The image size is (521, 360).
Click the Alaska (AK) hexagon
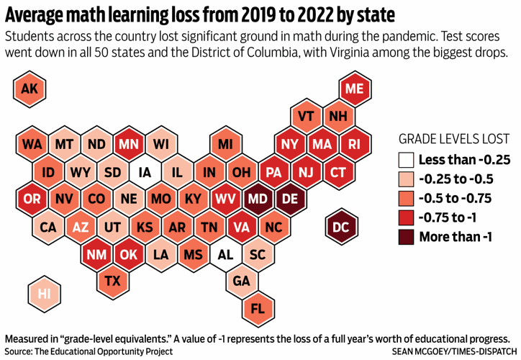click(30, 89)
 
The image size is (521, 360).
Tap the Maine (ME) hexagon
click(354, 89)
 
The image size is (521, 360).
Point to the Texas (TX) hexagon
click(112, 281)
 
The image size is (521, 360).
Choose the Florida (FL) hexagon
click(257, 308)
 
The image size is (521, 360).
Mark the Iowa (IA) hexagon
click(144, 173)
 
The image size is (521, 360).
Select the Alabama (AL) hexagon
click(225, 254)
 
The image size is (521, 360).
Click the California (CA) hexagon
click(48, 228)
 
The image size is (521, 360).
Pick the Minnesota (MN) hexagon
click(128, 145)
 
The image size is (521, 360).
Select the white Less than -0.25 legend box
click(407, 159)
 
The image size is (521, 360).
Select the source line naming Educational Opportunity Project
click(89, 351)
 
